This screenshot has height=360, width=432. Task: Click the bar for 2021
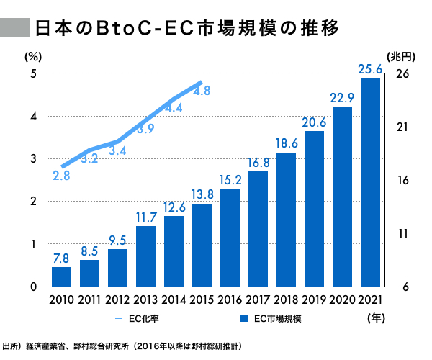370,182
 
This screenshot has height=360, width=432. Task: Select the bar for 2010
61,276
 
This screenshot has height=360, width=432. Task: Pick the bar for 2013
145,256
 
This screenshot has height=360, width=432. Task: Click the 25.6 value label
370,69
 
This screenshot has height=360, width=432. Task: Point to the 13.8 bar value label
202,194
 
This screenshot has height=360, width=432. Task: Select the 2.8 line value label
61,175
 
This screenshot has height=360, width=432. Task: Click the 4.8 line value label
202,91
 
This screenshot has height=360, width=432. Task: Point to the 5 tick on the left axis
34,74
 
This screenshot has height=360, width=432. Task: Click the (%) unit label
35,55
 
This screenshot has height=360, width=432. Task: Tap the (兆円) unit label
401,55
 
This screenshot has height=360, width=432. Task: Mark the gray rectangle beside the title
14,28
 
